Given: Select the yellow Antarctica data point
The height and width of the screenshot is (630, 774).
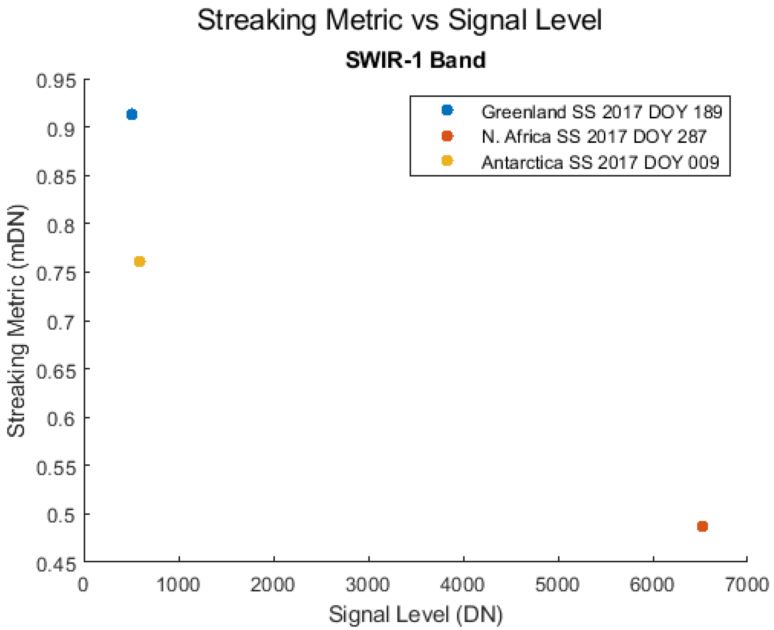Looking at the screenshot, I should (140, 261).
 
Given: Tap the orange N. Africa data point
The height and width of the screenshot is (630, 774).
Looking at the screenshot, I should (702, 526).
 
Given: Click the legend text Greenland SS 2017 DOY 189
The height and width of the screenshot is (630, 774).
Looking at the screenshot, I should (602, 112).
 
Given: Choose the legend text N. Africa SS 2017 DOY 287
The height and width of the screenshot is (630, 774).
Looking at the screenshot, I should (594, 137).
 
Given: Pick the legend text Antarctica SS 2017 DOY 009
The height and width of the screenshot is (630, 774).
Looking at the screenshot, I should (600, 162).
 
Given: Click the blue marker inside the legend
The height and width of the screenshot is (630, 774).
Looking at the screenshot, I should (447, 110).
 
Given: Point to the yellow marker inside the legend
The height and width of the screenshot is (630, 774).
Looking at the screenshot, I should (447, 160).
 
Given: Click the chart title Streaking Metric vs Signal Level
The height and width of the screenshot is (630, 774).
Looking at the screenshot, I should (399, 20).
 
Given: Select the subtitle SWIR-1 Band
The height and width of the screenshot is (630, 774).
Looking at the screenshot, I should (415, 60).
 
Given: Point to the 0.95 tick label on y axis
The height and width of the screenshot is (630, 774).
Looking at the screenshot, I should (57, 80).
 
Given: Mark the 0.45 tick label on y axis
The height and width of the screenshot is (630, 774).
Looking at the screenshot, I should (57, 565).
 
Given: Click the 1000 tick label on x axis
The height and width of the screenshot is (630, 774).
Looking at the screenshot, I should (178, 584).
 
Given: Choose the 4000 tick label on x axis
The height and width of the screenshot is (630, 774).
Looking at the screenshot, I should (462, 584).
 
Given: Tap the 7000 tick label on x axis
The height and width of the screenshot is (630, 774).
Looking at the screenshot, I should (746, 584).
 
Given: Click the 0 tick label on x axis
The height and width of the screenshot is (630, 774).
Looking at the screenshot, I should (83, 584).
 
